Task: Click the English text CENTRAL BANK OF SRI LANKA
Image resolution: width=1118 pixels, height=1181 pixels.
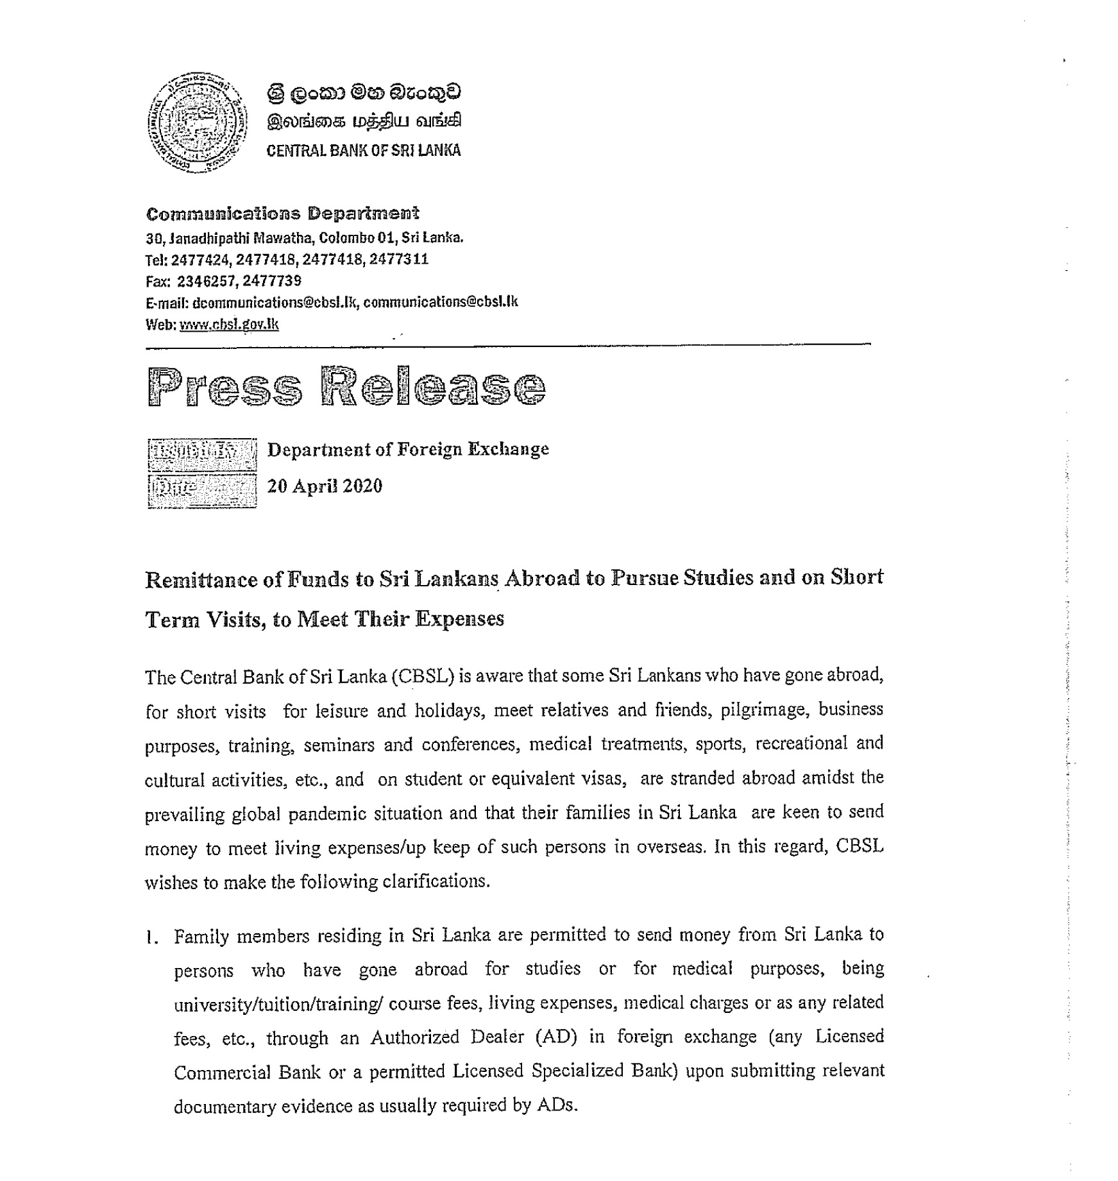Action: pos(363,151)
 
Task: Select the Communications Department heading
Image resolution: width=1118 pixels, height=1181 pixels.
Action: pos(282,214)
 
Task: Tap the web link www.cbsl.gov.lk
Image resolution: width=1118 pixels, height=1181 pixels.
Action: pos(229,325)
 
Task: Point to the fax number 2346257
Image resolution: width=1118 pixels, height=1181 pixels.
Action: pos(203,281)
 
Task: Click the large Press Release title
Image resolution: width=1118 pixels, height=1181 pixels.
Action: pos(346,387)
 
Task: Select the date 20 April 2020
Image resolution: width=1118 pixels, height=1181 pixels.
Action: pos(325,486)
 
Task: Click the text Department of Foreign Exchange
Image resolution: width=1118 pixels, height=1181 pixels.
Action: pos(408,449)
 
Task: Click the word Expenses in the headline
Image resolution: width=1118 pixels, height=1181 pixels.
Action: pos(459,619)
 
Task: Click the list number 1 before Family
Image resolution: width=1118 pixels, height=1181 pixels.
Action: pos(152,938)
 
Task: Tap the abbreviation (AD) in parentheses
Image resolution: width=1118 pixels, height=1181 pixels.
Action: pos(557,1037)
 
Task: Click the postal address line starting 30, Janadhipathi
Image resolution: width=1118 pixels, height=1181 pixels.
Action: pos(305,238)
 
